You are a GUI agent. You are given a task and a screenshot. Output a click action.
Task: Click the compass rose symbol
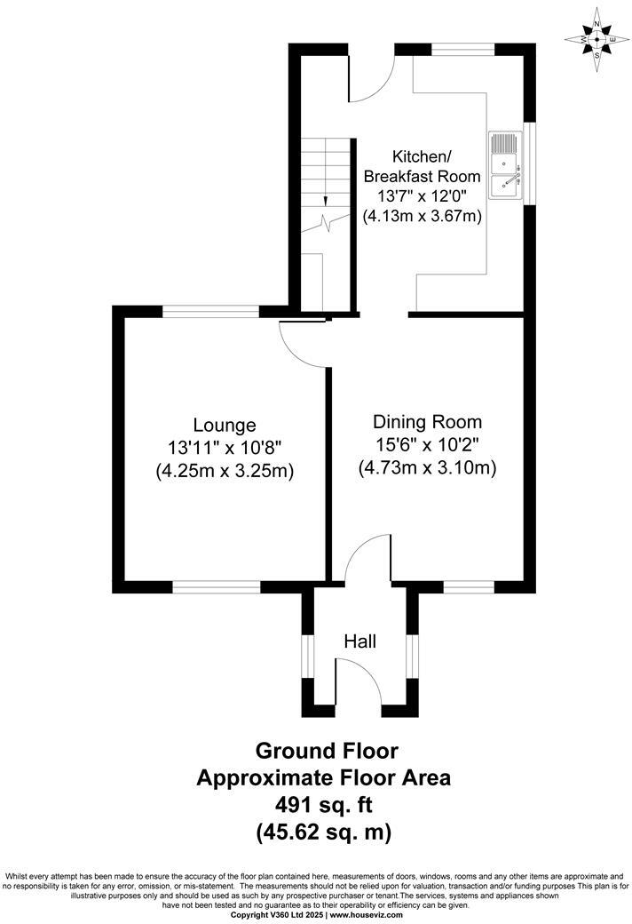[597, 40]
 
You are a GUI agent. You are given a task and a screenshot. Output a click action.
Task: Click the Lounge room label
[225, 426]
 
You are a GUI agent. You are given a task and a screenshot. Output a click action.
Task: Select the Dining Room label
[427, 422]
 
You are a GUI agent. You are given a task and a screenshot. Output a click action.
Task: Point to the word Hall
[360, 641]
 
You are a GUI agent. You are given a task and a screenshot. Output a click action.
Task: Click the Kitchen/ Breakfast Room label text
[423, 166]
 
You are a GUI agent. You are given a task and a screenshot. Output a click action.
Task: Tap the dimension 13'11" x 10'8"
[225, 448]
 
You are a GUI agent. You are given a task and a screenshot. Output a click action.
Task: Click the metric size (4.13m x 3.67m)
[423, 215]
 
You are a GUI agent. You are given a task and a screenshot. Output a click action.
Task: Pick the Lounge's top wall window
[210, 311]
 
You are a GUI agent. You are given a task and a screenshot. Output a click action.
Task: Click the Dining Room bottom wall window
[469, 587]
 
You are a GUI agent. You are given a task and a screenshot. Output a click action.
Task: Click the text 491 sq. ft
[323, 806]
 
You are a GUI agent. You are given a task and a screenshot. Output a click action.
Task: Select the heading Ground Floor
[323, 751]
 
